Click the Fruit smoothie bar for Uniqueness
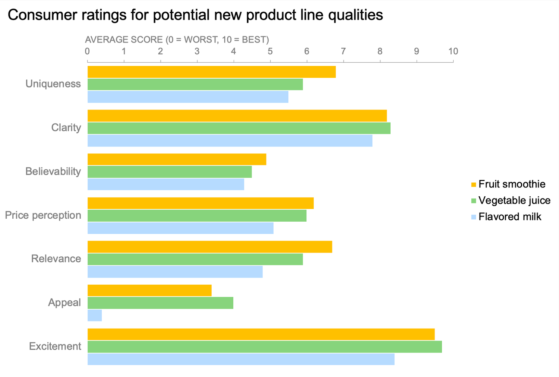pyautogui.click(x=211, y=72)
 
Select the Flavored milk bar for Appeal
pyautogui.click(x=95, y=316)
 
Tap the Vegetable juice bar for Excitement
pyautogui.click(x=265, y=347)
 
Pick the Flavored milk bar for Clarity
pyautogui.click(x=230, y=141)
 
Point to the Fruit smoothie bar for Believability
pyautogui.click(x=177, y=159)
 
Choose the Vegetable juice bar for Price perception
pyautogui.click(x=197, y=216)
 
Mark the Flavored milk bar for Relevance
pyautogui.click(x=175, y=272)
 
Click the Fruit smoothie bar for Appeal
pyautogui.click(x=149, y=291)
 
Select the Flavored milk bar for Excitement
pyautogui.click(x=241, y=359)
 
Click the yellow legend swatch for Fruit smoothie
pyautogui.click(x=474, y=184)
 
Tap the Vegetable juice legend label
pyautogui.click(x=514, y=200)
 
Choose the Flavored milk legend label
pyautogui.click(x=509, y=217)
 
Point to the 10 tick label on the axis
pyautogui.click(x=453, y=51)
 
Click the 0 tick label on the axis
pyautogui.click(x=87, y=51)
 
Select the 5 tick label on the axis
pyautogui.click(x=270, y=51)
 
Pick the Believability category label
pyautogui.click(x=53, y=171)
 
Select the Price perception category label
pyautogui.click(x=43, y=215)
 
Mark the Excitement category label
pyautogui.click(x=55, y=346)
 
